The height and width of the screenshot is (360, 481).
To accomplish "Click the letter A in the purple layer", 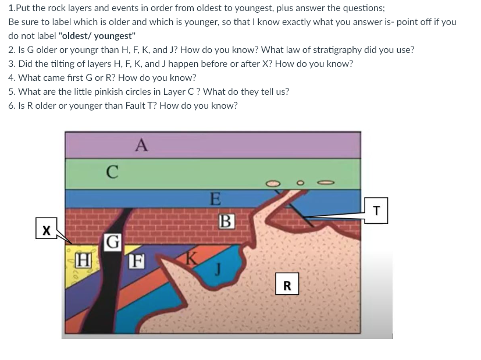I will tap(140, 144).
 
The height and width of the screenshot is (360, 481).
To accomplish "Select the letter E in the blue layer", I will tap(215, 200).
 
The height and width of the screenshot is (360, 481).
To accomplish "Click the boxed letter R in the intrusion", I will tap(287, 286).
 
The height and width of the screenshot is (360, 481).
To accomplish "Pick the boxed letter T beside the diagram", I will tap(377, 211).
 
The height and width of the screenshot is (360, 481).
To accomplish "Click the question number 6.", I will tap(12, 105).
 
